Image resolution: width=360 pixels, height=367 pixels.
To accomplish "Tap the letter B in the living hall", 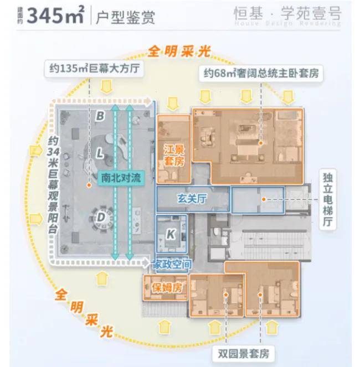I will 100,116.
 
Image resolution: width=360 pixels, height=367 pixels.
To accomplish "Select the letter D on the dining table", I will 101,218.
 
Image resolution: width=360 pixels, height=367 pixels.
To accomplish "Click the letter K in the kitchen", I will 171,234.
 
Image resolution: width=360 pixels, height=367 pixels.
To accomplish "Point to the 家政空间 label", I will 172,265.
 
